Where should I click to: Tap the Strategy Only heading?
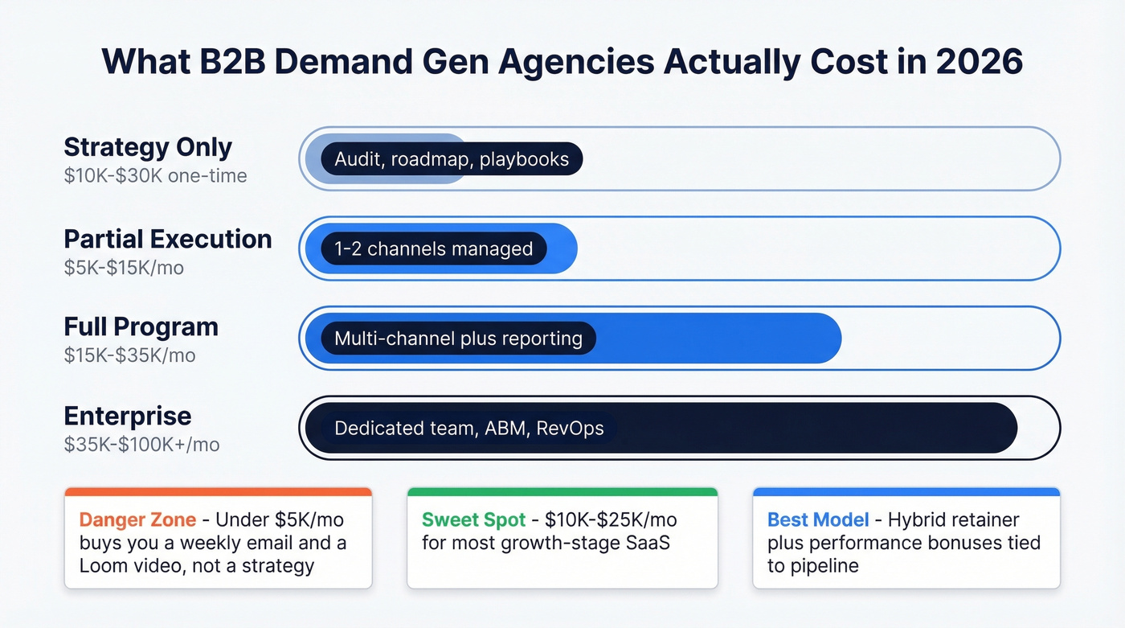click(148, 147)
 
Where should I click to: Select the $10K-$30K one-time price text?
click(155, 175)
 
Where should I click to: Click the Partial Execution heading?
click(168, 239)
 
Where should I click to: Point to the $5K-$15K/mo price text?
click(124, 267)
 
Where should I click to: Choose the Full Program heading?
click(141, 326)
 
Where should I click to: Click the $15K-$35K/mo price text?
click(129, 355)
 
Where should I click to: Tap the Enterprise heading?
click(128, 416)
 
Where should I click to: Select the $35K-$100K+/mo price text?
click(141, 444)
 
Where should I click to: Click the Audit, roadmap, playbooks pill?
click(452, 159)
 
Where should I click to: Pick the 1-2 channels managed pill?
click(433, 249)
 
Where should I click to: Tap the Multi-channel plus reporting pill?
click(458, 339)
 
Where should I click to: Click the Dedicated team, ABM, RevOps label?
click(468, 428)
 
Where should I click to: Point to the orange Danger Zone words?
click(136, 519)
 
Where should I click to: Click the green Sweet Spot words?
click(472, 519)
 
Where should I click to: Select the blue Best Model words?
click(818, 519)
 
